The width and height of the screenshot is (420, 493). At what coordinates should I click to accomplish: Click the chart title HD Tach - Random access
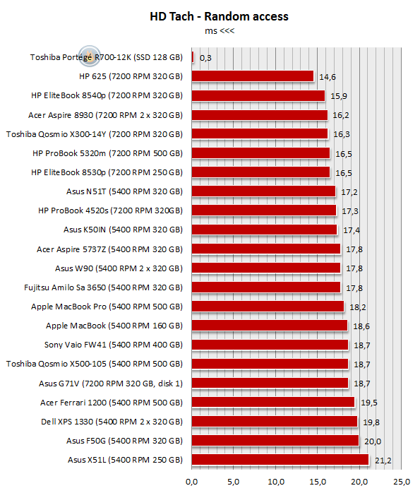pos(219,16)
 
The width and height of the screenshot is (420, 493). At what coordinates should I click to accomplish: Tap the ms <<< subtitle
pos(220,31)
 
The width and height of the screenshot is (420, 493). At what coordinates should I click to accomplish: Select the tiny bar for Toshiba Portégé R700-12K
pos(193,57)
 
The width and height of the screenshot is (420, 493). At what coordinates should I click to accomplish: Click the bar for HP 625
pos(253,76)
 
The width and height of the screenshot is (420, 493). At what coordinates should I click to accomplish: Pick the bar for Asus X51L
pos(280,459)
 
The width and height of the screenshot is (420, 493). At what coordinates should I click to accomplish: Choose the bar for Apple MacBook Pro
pos(268,307)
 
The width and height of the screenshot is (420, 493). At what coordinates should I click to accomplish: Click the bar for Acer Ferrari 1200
pos(273,402)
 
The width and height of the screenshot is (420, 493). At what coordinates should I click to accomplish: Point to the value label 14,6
pos(328,77)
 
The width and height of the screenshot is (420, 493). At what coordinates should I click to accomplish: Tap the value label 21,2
pos(383,461)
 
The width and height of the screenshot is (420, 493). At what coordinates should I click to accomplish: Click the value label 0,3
pos(205,58)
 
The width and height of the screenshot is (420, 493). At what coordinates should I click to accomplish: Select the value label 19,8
pos(371,422)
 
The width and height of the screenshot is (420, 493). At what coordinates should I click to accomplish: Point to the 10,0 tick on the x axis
pos(276,482)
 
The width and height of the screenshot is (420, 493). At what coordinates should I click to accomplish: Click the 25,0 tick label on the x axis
pos(402,482)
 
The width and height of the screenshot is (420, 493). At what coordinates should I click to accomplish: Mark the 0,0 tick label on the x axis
pos(191,482)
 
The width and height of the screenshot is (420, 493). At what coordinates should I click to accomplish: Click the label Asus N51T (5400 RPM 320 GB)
pos(124,191)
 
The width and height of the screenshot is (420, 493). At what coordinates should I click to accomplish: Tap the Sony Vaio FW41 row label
pos(114,345)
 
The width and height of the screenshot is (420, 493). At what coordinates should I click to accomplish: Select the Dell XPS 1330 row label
pos(112,422)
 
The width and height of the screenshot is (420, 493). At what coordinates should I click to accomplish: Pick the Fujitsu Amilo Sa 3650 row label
pos(103,287)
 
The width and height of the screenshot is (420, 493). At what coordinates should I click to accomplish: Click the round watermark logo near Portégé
pos(90,57)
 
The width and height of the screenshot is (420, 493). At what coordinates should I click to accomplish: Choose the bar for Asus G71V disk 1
pos(270,383)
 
